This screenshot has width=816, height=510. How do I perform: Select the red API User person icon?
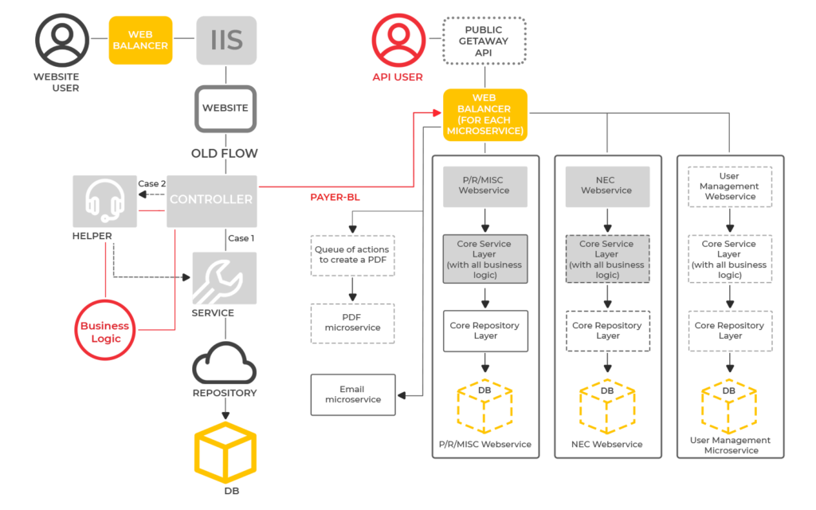(x=397, y=41)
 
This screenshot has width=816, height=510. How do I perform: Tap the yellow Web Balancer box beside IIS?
(x=140, y=40)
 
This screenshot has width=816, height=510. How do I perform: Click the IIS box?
(x=226, y=40)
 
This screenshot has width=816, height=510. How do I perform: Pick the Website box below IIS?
(x=226, y=108)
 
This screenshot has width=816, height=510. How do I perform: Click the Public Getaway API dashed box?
(x=484, y=41)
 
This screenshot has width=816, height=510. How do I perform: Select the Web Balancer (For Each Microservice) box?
(x=484, y=115)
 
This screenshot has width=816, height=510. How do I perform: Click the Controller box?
(x=211, y=200)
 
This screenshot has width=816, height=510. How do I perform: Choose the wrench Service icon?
(x=225, y=277)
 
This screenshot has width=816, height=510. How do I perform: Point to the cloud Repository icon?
(x=225, y=365)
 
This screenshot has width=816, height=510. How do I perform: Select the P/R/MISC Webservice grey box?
(x=484, y=186)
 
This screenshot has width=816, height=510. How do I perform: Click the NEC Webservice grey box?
(x=607, y=186)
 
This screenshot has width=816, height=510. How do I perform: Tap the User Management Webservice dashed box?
(x=730, y=186)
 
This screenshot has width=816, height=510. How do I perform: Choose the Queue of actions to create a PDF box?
(x=352, y=255)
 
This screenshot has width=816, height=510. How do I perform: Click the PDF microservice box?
(x=352, y=323)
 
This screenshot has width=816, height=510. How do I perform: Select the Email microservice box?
(x=352, y=394)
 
